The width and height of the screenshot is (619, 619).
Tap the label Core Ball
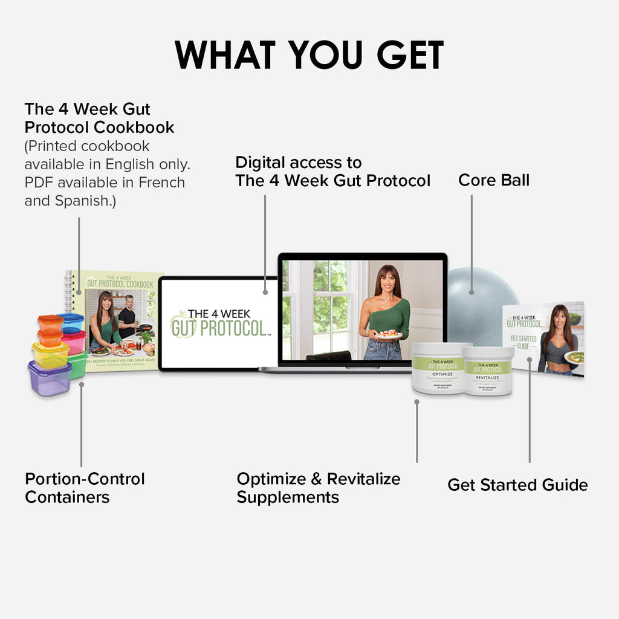click(493, 180)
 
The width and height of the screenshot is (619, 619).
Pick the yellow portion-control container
click(51, 355)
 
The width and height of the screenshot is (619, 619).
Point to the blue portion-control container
click(72, 322)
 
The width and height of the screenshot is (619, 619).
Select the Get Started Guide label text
click(517, 485)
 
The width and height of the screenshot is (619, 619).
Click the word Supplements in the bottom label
click(288, 497)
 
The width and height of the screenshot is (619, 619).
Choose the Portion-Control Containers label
click(85, 488)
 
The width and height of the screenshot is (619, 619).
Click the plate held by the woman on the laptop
click(388, 335)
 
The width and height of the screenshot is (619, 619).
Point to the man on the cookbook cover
click(128, 314)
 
